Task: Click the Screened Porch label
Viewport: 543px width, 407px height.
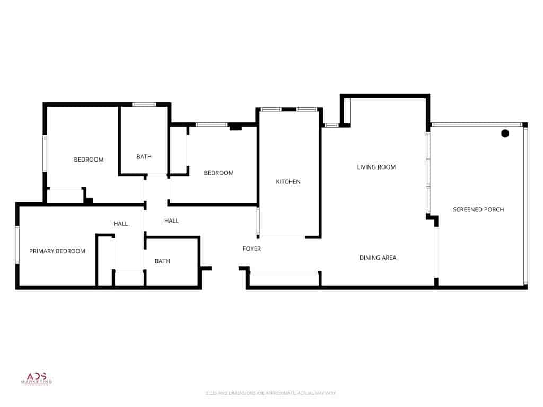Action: [x=478, y=210]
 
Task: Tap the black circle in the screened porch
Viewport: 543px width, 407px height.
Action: [x=505, y=133]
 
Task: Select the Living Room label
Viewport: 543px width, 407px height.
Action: [x=376, y=167]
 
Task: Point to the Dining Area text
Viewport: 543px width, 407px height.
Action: [x=378, y=258]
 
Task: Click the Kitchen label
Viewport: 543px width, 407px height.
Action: [x=288, y=182]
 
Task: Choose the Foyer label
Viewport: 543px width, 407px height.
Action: [x=251, y=249]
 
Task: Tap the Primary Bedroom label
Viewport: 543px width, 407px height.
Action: [x=57, y=251]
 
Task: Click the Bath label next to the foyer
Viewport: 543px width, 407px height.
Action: [x=162, y=261]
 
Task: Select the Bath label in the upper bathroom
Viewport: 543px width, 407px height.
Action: [x=144, y=157]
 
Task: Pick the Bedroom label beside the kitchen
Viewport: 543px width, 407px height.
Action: [x=218, y=173]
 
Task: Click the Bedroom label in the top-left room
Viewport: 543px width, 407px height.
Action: [x=89, y=160]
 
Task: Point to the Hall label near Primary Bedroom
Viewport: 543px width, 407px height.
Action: [x=120, y=224]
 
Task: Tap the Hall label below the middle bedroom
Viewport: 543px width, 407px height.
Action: [x=171, y=221]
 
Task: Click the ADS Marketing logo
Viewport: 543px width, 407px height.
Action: [x=37, y=377]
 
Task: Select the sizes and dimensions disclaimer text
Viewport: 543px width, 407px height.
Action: [x=271, y=393]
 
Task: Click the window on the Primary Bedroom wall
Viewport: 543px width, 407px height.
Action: [x=17, y=245]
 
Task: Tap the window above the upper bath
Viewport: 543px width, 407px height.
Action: [x=143, y=104]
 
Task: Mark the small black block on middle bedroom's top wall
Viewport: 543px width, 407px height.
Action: [x=235, y=127]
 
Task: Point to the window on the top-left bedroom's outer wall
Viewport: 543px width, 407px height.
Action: [x=45, y=154]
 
